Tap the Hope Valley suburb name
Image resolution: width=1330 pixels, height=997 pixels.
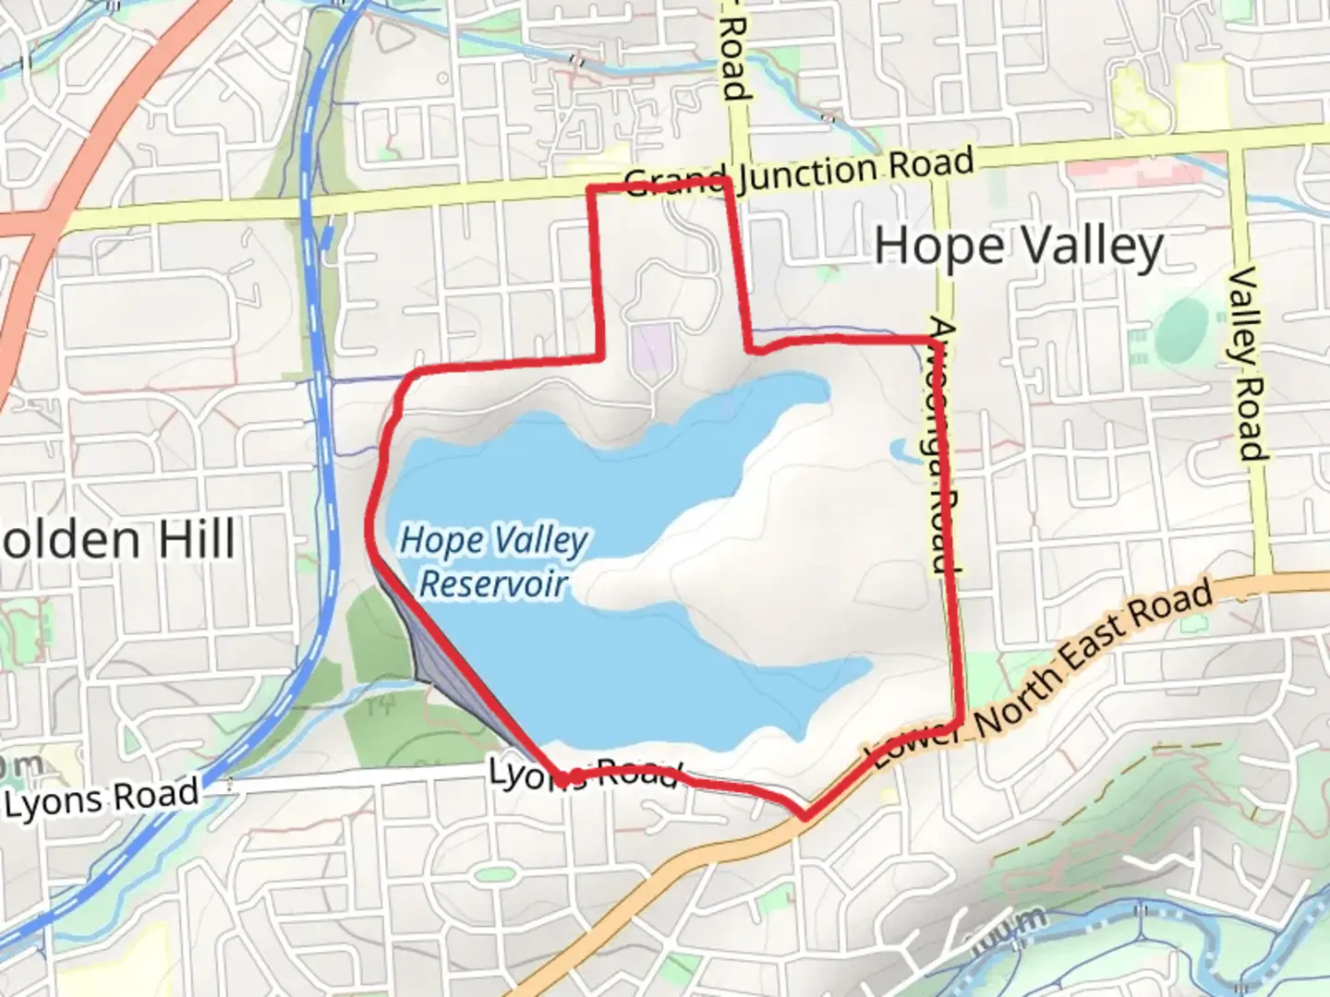(1018, 247)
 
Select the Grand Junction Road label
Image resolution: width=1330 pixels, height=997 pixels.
(800, 173)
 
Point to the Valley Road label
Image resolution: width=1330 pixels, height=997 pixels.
(1247, 364)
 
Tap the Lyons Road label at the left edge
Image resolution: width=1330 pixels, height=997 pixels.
(102, 799)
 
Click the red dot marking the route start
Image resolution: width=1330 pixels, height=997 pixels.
(574, 778)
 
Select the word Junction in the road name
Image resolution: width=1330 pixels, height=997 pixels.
(808, 172)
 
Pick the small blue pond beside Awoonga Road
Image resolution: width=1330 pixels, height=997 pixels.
(901, 450)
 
